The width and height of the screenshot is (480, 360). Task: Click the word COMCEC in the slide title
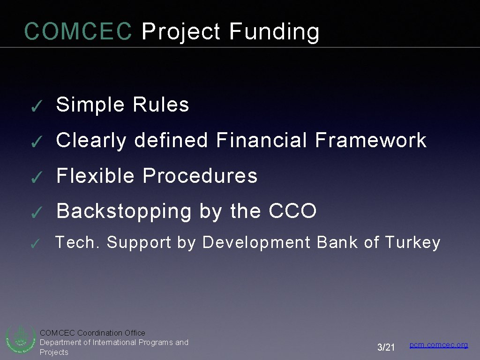click(x=78, y=32)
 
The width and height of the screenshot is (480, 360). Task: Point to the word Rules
click(x=161, y=105)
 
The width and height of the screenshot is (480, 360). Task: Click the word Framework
click(x=371, y=140)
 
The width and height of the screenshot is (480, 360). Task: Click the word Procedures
click(x=200, y=176)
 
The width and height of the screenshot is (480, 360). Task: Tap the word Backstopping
click(x=124, y=212)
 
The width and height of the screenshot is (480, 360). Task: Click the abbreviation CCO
click(x=293, y=211)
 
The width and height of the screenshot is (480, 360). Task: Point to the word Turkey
click(x=412, y=243)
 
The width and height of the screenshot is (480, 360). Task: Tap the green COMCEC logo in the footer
click(x=20, y=339)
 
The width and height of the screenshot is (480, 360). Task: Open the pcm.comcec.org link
click(x=439, y=345)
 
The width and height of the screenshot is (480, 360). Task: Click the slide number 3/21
click(x=386, y=347)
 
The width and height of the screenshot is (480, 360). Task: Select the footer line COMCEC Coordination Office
click(x=92, y=333)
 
